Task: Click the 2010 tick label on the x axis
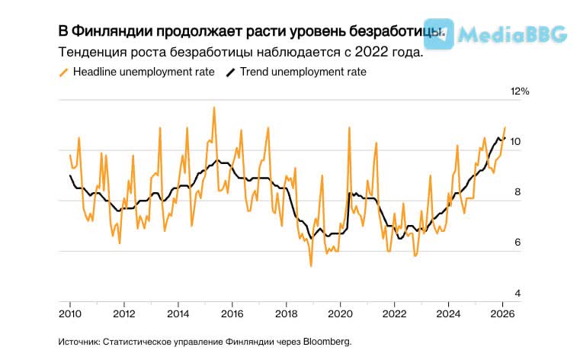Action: pos(69,313)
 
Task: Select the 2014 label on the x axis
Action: pos(178,313)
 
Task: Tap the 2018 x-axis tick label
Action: pos(286,313)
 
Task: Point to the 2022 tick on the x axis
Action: pos(394,313)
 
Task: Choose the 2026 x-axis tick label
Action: pos(501,313)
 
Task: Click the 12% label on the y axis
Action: pos(519,92)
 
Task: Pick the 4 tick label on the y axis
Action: pos(516,294)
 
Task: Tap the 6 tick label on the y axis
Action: pos(516,243)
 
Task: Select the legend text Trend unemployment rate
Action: pos(303,72)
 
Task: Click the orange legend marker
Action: pos(63,72)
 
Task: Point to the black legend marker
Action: pos(230,72)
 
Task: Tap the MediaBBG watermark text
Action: pos(525,34)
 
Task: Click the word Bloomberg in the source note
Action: pos(327,342)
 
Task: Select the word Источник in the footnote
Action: pos(79,342)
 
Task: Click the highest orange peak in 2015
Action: pos(214,108)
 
